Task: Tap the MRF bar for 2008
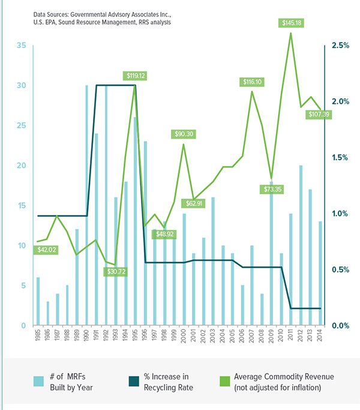coord(262,309)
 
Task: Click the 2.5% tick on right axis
coord(340,46)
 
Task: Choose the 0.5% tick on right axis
coord(340,270)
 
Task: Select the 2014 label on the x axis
coord(320,342)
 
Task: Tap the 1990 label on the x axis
coord(86,342)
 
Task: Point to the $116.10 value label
coord(253,82)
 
